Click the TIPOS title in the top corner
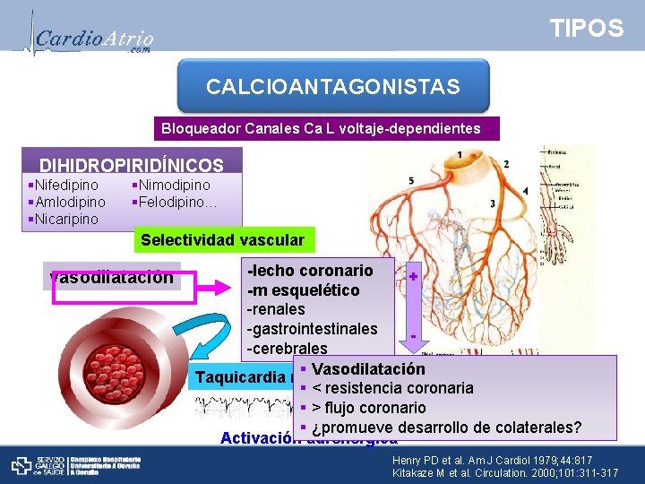[x=587, y=29]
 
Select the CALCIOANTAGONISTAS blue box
[x=333, y=87]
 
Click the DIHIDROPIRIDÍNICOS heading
[x=131, y=166]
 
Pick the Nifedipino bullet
[x=66, y=186]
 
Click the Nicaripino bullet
[x=66, y=220]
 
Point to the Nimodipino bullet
[x=173, y=186]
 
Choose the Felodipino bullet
[x=176, y=203]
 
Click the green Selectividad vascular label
[x=222, y=240]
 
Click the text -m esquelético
[x=303, y=290]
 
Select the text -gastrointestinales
[x=312, y=329]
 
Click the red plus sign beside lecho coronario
[x=413, y=276]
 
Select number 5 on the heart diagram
[x=410, y=182]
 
